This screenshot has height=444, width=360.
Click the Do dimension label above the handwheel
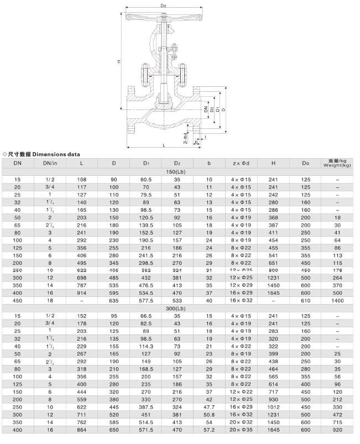coord(164,6)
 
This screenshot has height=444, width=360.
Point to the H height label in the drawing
coord(118,61)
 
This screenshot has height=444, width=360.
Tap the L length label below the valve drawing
coord(164,144)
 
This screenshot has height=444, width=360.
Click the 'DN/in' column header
coord(50,163)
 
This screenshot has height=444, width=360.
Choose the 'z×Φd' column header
coord(241,163)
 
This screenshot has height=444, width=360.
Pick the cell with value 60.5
coord(146,180)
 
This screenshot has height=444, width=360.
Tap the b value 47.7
coord(209,407)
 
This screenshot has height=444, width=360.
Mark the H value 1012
coord(273,407)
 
